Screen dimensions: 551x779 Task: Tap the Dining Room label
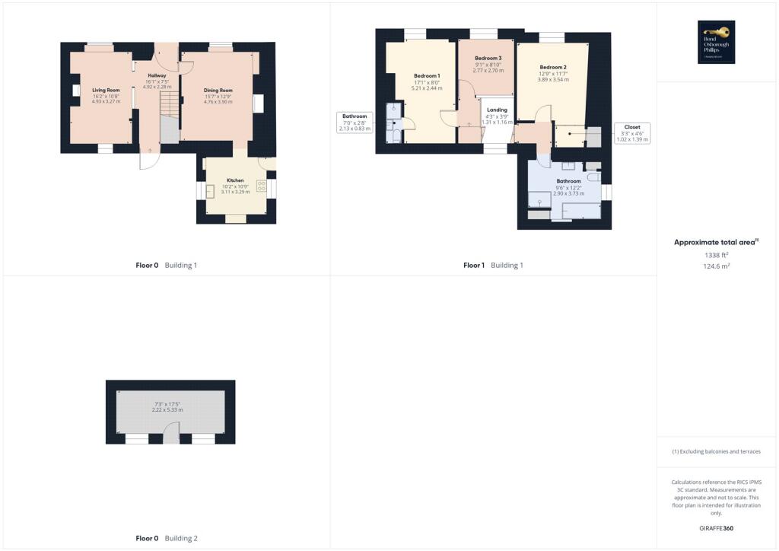click(x=218, y=91)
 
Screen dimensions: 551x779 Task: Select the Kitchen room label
click(x=234, y=180)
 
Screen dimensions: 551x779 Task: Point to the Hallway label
click(x=157, y=75)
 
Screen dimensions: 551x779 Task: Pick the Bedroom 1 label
click(x=427, y=76)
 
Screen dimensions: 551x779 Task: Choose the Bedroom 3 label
click(x=488, y=59)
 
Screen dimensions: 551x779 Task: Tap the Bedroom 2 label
click(x=553, y=67)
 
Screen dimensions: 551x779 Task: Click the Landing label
click(x=497, y=110)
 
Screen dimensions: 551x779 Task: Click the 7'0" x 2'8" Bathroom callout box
click(x=355, y=123)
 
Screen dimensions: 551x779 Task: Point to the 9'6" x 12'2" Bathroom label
click(x=568, y=181)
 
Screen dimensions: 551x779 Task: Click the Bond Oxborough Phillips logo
click(x=717, y=42)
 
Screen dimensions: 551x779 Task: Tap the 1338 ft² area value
click(x=716, y=256)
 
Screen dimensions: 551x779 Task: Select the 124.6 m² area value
click(x=716, y=267)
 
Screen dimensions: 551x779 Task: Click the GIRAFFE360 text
click(x=716, y=528)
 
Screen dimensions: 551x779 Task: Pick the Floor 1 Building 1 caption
click(x=493, y=266)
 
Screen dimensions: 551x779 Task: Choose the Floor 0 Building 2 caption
click(x=166, y=539)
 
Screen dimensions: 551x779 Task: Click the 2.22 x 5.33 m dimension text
click(x=167, y=410)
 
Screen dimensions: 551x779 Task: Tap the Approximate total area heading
click(x=716, y=242)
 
